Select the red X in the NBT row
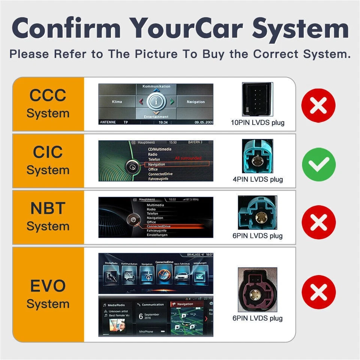[x=319, y=222]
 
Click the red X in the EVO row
[x=319, y=292]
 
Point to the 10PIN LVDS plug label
[x=258, y=123]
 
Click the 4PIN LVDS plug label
[x=258, y=179]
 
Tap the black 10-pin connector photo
[x=257, y=99]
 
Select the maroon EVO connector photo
[x=257, y=290]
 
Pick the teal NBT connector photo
[x=257, y=213]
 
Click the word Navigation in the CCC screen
[x=196, y=102]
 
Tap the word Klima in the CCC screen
[x=117, y=102]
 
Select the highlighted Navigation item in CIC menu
[x=157, y=164]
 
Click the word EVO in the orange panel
[x=48, y=286]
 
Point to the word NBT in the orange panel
[x=48, y=208]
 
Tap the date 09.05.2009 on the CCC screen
[x=203, y=122]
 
